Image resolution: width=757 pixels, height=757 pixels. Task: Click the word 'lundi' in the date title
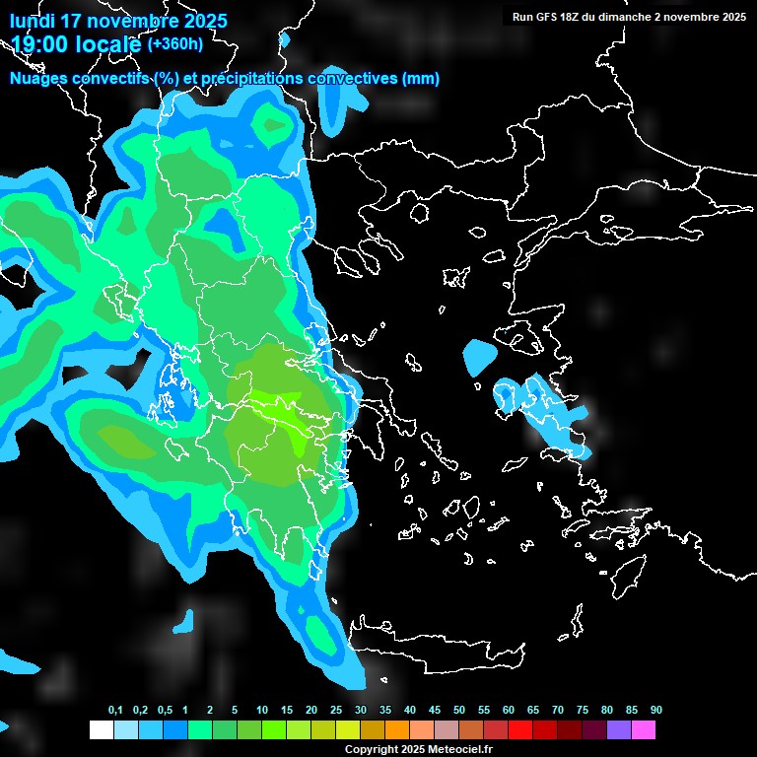click(x=33, y=21)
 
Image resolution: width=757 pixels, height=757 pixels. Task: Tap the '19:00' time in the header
click(x=39, y=44)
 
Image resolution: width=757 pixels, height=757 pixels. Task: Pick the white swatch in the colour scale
click(x=101, y=730)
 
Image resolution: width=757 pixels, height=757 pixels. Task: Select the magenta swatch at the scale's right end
click(x=644, y=730)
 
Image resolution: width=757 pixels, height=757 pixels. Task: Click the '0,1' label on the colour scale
click(x=115, y=711)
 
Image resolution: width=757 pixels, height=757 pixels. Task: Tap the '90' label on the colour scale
click(x=656, y=711)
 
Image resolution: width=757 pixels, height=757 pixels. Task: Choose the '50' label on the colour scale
click(x=459, y=711)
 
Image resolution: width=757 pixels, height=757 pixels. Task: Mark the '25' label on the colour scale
click(x=336, y=711)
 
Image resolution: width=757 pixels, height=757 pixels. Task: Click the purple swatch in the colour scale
click(x=619, y=730)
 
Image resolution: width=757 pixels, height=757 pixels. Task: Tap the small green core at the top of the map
click(x=270, y=126)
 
